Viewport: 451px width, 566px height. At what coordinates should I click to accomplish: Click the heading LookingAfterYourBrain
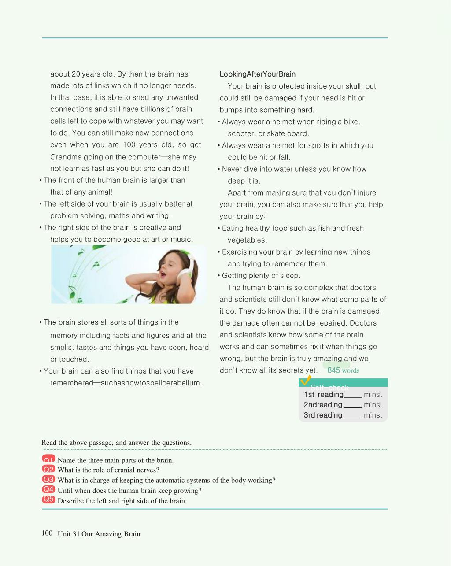pyautogui.click(x=258, y=74)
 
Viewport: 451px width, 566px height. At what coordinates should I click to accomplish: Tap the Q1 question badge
pyautogui.click(x=48, y=459)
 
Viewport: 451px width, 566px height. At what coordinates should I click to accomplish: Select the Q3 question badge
pyautogui.click(x=48, y=480)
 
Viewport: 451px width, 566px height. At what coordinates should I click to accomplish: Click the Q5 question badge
pyautogui.click(x=48, y=499)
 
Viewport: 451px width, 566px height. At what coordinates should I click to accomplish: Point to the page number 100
pyautogui.click(x=47, y=533)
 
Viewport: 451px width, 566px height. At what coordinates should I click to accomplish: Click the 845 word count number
pyautogui.click(x=333, y=370)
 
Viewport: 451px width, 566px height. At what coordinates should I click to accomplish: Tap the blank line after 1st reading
pyautogui.click(x=353, y=396)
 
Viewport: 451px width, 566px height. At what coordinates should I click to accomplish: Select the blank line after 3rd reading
pyautogui.click(x=353, y=416)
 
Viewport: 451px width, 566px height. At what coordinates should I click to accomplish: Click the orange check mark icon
pyautogui.click(x=305, y=380)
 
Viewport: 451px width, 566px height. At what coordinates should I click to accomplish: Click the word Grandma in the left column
pyautogui.click(x=64, y=157)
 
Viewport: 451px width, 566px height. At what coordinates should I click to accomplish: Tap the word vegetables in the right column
pyautogui.click(x=247, y=240)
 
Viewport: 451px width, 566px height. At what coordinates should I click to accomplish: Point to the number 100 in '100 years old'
pyautogui.click(x=129, y=144)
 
